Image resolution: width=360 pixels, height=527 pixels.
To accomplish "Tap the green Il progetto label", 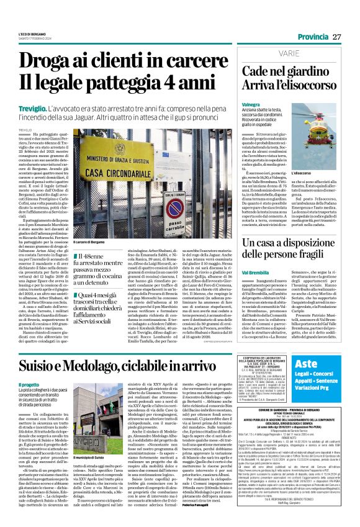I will click(30, 367).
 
